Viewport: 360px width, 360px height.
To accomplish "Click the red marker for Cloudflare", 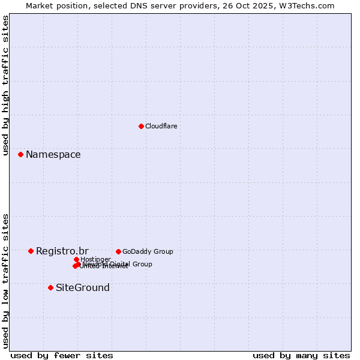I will tap(141, 126).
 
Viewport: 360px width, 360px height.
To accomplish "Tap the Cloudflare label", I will tap(161, 126).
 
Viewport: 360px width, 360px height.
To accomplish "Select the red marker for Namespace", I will tap(20, 154).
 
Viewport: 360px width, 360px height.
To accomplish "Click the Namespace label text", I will tap(53, 155).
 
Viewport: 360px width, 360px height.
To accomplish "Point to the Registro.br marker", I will tap(31, 251).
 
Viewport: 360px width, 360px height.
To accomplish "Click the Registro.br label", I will tap(62, 251).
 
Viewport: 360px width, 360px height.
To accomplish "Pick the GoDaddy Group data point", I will tap(118, 251).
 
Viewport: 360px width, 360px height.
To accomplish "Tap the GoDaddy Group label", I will tap(147, 251).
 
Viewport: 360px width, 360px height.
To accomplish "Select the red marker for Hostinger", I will tap(76, 259).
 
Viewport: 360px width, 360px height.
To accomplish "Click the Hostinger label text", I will tap(95, 259).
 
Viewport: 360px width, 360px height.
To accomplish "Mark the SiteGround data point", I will tap(50, 287).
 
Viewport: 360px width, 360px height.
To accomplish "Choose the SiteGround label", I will tap(82, 288).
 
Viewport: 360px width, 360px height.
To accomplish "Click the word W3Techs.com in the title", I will tap(309, 5).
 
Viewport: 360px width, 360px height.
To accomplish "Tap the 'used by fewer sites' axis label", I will tap(62, 356).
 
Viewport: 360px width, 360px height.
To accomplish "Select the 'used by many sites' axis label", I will tap(301, 356).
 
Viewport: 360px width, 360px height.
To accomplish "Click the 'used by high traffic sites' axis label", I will tap(5, 86).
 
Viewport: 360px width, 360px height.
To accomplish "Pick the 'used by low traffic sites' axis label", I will tap(5, 281).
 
